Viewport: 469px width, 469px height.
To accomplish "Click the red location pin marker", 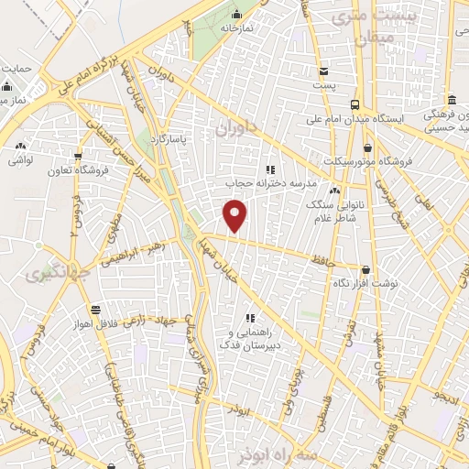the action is point(235,216).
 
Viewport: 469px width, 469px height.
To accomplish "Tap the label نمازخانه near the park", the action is point(236,29).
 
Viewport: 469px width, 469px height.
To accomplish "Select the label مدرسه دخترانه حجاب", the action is point(270,183).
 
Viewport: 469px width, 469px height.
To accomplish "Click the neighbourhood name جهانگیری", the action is point(48,273).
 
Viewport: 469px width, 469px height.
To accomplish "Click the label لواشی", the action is point(22,159).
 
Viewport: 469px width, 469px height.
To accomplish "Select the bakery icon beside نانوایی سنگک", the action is point(334,191).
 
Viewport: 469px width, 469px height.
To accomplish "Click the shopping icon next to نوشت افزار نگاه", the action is point(367,270).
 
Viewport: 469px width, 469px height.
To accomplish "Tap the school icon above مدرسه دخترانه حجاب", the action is point(269,169).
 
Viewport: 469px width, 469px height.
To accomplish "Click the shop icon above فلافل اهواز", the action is point(95,310).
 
